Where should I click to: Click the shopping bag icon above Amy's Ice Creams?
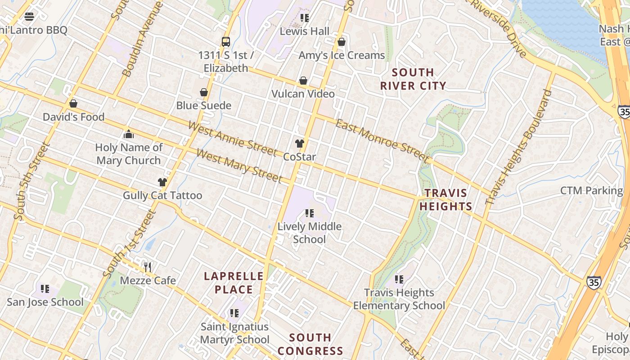coord(342,42)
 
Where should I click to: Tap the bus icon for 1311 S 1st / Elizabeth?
coord(226,42)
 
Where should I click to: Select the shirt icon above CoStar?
coord(299,144)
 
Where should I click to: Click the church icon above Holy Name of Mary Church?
coord(129,134)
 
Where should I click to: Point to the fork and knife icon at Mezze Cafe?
coord(148,267)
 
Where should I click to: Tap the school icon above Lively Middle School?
coord(309,213)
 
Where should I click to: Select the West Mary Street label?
coord(239,166)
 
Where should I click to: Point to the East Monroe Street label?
coord(382,140)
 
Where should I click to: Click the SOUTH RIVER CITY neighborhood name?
coord(413,79)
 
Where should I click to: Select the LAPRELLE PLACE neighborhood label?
coord(234,283)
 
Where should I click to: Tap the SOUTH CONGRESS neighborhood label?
coord(310,344)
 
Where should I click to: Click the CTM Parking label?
coord(591,190)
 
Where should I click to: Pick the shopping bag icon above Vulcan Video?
coord(303,81)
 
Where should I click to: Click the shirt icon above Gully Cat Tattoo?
coord(162,182)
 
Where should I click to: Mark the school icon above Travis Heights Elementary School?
coord(399,279)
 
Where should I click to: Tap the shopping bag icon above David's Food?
coord(73,104)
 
